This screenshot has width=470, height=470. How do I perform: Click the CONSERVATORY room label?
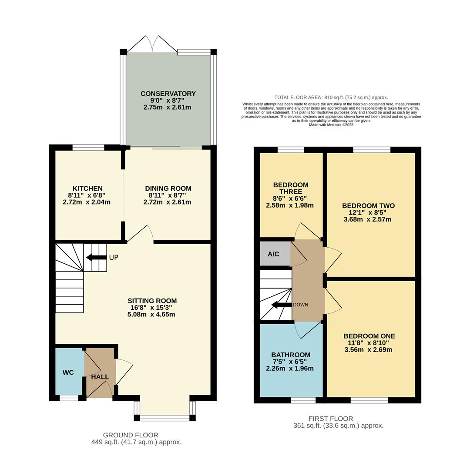click(x=168, y=94)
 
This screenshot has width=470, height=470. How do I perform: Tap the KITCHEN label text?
click(x=87, y=188)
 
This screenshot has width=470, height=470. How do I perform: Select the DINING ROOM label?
click(x=168, y=188)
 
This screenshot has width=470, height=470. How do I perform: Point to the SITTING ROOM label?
click(x=152, y=301)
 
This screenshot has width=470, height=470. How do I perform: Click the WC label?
click(x=68, y=373)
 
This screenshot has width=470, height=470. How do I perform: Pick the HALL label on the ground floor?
click(x=100, y=377)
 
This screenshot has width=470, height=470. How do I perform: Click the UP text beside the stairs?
click(x=114, y=258)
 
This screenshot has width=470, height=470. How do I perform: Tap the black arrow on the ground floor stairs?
click(x=96, y=258)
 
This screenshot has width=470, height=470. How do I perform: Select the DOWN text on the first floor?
click(x=300, y=305)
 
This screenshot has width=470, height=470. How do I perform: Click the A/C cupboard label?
click(x=273, y=254)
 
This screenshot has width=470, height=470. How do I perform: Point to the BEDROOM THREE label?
click(x=291, y=188)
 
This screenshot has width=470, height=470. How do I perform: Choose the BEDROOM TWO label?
click(x=368, y=206)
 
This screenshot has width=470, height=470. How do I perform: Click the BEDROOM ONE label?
click(x=369, y=336)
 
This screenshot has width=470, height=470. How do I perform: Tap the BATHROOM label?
click(x=291, y=355)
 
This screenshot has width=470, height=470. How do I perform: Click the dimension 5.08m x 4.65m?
click(x=152, y=314)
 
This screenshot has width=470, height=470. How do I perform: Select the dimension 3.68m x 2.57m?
click(x=367, y=219)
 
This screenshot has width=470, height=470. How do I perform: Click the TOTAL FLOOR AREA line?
click(x=331, y=97)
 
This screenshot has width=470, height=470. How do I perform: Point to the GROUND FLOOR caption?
click(x=131, y=435)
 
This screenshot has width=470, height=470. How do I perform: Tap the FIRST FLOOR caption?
click(x=331, y=419)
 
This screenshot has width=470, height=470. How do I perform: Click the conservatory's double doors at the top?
click(x=152, y=44)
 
